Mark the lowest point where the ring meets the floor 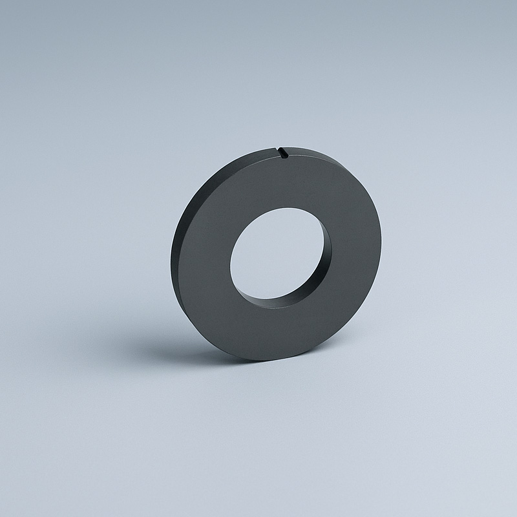(258, 359)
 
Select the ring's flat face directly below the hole (271, 330)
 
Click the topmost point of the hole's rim (288, 207)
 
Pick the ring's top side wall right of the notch (317, 155)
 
